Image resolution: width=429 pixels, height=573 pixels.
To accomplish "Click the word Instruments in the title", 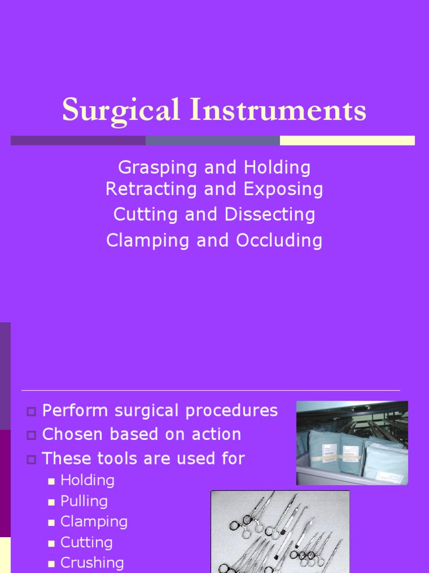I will (278, 110).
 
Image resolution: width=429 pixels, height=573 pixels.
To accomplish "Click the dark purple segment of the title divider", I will (78, 140).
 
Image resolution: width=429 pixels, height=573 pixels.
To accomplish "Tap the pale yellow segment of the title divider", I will (347, 140).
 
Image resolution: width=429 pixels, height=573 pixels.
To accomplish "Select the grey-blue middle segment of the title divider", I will (212, 140).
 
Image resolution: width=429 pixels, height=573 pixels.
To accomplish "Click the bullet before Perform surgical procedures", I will (31, 412).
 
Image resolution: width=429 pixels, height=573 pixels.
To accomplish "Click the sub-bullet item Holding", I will (87, 480).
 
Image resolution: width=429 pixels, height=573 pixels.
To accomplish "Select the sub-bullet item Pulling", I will (84, 501).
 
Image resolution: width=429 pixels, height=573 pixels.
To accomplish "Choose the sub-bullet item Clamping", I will (94, 522).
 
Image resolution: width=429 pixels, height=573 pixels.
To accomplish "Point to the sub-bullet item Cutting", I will (87, 542).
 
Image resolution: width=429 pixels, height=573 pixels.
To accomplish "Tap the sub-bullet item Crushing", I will (92, 563).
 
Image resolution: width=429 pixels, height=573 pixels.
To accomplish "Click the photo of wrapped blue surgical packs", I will (352, 443).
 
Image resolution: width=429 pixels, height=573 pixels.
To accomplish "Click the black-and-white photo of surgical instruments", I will (280, 532).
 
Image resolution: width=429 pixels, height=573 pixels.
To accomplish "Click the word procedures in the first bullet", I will (235, 411).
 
